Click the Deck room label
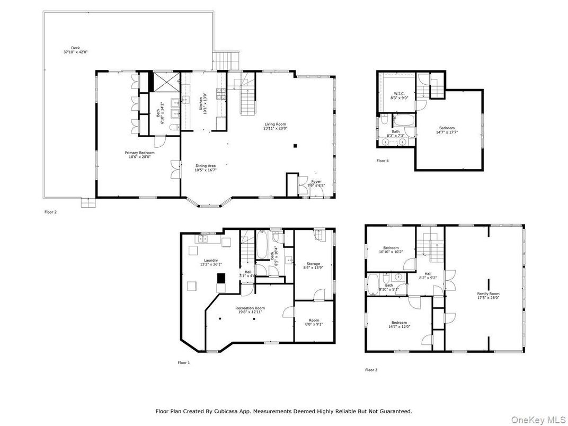point(68,48)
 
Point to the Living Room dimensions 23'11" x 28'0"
point(276,128)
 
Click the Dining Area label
point(206,165)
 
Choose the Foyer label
point(316,182)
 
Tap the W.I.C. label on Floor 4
point(400,94)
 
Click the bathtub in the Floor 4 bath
point(406,119)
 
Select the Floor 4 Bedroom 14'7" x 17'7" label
point(447,128)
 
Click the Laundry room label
point(210,260)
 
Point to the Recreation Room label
point(250,307)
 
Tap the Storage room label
point(314,263)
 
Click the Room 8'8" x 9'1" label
point(315,319)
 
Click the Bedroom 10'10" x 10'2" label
point(391,248)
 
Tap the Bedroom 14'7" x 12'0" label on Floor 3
point(399,323)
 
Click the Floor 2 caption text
point(50,211)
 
